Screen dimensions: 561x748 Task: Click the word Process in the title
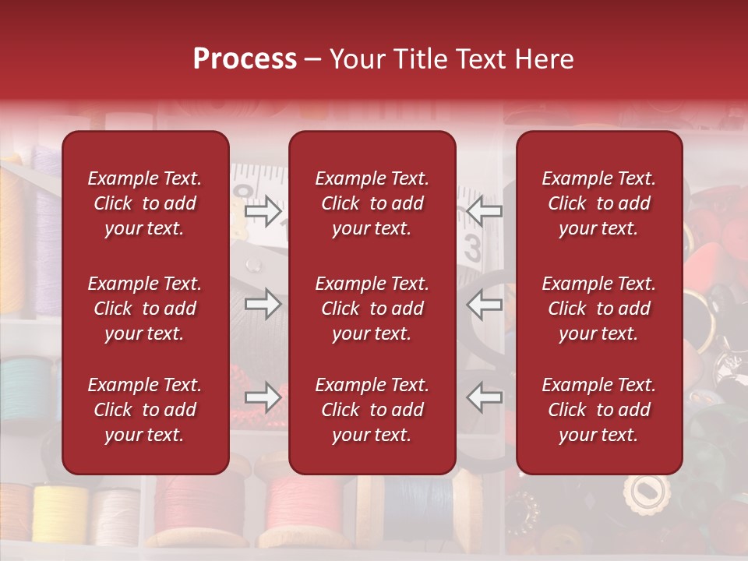[x=245, y=59]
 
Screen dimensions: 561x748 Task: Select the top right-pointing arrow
[x=263, y=210]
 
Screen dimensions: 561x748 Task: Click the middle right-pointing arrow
[x=263, y=304]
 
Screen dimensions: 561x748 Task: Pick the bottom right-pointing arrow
[x=263, y=397]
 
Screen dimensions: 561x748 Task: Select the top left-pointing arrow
[x=484, y=210]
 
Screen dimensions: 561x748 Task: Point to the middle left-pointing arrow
[x=484, y=304]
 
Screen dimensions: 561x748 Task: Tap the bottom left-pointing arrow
[x=484, y=397]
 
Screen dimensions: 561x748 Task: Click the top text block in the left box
[x=145, y=203]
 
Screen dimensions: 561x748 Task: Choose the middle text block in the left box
[x=145, y=309]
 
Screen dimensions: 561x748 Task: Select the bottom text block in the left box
[x=145, y=410]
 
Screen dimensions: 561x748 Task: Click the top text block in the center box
[x=372, y=203]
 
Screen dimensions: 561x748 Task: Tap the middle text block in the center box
[x=372, y=309]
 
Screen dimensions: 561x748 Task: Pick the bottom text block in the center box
[x=372, y=410]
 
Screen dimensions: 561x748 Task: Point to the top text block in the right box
[x=598, y=203]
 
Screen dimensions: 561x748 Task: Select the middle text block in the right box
[x=598, y=309]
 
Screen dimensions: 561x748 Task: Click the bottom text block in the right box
[x=598, y=410]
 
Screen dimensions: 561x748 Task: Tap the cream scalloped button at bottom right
[x=645, y=492]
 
